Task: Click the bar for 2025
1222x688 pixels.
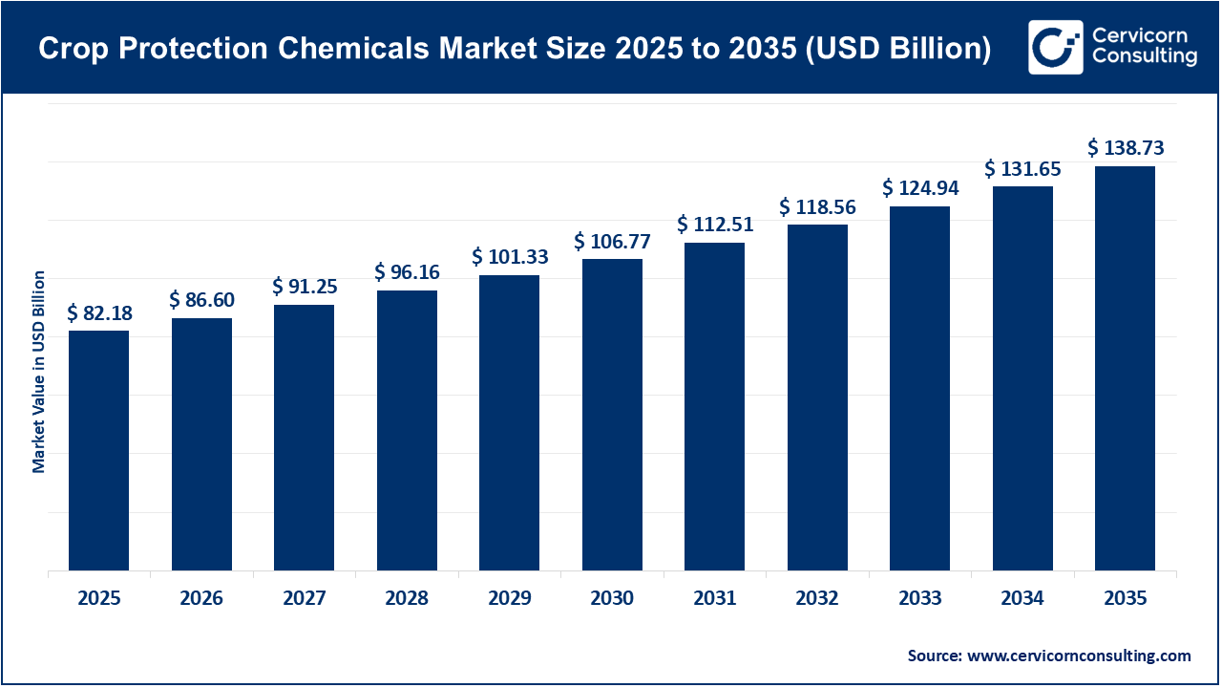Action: [98, 451]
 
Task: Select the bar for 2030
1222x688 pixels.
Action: [612, 415]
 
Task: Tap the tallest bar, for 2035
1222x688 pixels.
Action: [1125, 369]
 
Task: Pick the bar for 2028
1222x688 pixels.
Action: [407, 431]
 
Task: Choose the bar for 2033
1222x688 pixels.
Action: [919, 389]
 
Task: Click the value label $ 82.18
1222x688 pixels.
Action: [98, 313]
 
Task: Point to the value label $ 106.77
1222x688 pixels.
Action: [612, 242]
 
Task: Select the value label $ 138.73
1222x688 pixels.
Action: [1125, 148]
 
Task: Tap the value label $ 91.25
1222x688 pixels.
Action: [304, 287]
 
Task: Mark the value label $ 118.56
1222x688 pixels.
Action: [817, 207]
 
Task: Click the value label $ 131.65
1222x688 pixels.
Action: [1022, 169]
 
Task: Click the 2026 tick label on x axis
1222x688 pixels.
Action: [201, 599]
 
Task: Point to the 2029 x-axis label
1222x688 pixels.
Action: [509, 599]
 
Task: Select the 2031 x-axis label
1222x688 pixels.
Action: [714, 599]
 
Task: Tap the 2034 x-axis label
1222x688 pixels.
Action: [1022, 599]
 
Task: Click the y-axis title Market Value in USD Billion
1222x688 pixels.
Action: [39, 372]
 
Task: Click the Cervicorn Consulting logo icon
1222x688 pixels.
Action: [1055, 47]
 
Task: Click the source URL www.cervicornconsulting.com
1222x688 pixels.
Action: [1079, 656]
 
